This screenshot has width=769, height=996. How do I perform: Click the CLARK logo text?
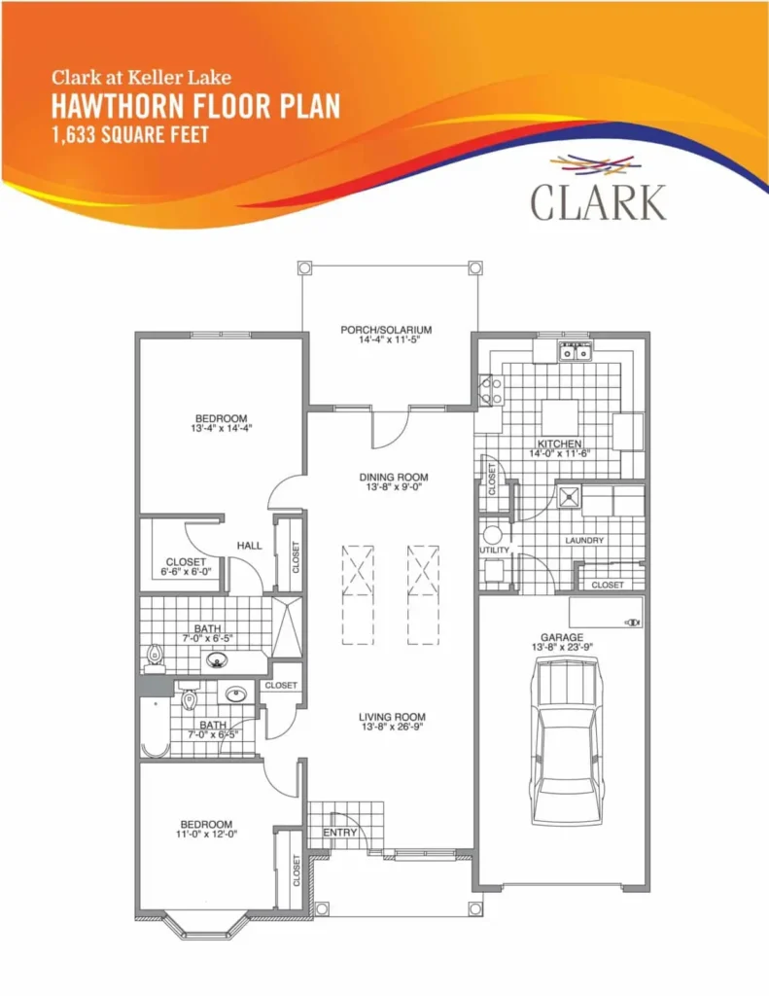pos(598,202)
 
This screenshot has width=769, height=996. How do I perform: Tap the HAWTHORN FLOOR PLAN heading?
pos(195,105)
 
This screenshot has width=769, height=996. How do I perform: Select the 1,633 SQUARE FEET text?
pos(130,134)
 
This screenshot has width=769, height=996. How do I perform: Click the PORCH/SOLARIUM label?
pos(386,330)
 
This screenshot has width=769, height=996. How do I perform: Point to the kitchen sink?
pos(576,351)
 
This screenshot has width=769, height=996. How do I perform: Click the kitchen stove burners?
pos(490,391)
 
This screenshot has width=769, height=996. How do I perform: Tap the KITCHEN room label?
pos(559,444)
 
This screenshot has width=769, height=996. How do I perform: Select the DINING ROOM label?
pos(394,477)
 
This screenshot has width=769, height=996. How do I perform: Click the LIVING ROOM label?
pos(393,717)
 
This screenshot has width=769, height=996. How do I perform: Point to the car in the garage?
pos(567,740)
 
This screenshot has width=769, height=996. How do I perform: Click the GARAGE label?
pos(562,637)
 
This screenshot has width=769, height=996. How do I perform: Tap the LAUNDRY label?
pos(584,540)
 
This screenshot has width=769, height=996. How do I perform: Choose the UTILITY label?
pos(495,551)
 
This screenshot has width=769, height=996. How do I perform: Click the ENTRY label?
pos(339,833)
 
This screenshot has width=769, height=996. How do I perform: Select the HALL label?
pos(250,545)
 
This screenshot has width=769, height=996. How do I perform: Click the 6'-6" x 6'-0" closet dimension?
pos(186,572)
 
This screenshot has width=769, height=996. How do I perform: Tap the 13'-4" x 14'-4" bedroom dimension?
pos(221,428)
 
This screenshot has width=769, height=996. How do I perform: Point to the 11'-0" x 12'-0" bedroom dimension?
pos(206,834)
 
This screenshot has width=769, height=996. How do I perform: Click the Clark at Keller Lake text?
pos(141,78)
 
